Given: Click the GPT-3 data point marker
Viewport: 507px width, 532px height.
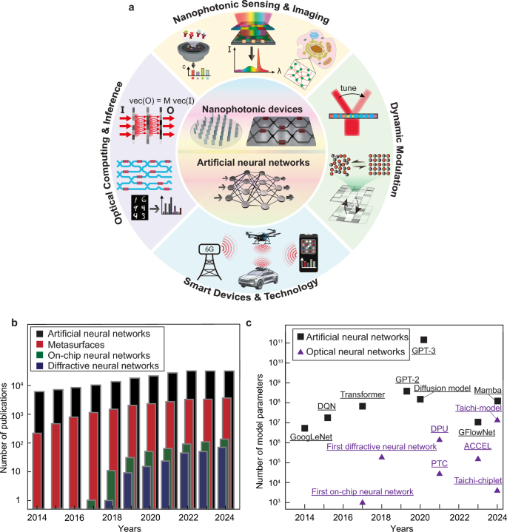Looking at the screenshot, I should (x=423, y=340).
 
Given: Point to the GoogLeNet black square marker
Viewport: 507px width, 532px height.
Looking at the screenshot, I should (x=305, y=428).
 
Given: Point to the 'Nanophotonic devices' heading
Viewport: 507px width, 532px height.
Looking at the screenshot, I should (x=253, y=109).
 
